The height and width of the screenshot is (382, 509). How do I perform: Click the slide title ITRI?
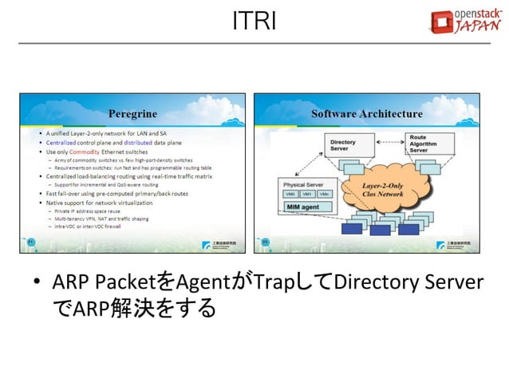pos(254,22)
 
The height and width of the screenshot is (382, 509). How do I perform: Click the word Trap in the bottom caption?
pos(270,282)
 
